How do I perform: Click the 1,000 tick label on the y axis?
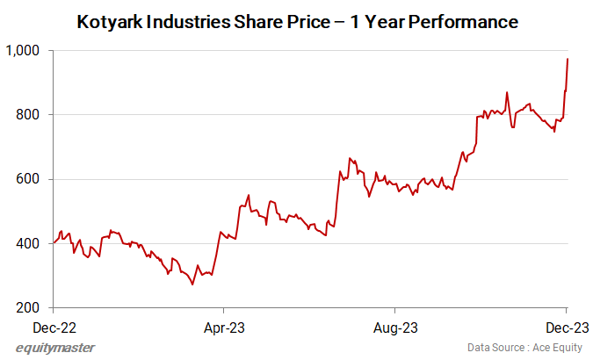tap(24, 51)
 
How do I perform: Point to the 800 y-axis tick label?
tap(30, 115)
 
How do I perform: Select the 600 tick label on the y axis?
tap(30, 179)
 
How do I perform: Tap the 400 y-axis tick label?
tap(30, 243)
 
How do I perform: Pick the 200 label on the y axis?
tap(30, 308)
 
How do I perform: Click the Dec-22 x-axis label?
tap(54, 327)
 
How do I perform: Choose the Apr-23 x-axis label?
tap(224, 327)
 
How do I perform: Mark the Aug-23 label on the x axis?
tap(394, 327)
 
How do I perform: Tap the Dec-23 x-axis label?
tap(565, 327)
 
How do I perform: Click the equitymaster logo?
tap(55, 348)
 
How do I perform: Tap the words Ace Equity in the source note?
tap(557, 348)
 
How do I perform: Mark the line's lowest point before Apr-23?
tap(192, 284)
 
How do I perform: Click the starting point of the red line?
tap(54, 243)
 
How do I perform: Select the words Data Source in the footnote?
tap(497, 348)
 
